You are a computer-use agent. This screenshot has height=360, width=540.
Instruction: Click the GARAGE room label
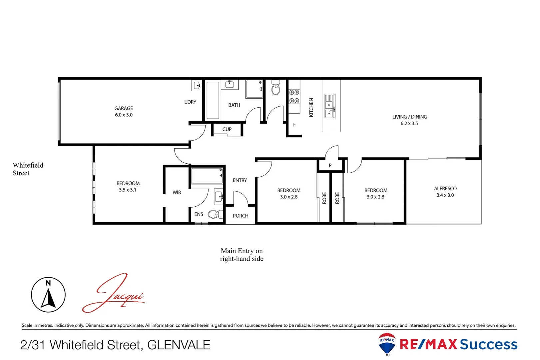point(124,108)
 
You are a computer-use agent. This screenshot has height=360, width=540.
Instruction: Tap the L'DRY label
point(190,102)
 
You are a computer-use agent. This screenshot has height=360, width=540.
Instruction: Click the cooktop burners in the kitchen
point(294,96)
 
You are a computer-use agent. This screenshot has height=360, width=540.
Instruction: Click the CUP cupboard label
point(227,129)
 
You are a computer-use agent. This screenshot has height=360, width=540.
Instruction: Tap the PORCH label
point(241,216)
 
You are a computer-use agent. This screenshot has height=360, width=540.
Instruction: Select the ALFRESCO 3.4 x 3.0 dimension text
point(445,195)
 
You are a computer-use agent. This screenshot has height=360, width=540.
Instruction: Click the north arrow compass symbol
point(48,295)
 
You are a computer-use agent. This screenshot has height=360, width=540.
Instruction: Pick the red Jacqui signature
point(113,293)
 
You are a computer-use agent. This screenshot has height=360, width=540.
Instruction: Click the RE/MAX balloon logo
point(387,344)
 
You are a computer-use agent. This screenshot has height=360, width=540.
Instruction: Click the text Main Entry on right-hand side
point(242,255)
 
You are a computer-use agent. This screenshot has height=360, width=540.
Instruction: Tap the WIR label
point(177,192)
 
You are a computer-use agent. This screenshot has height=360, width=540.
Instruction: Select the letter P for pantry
point(330,165)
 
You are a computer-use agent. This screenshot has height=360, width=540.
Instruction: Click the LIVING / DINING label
point(409,117)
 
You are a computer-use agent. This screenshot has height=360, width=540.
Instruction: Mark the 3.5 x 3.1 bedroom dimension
point(128,190)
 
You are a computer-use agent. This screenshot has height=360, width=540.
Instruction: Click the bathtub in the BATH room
point(213,100)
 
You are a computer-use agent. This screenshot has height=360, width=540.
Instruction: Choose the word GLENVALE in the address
point(179,345)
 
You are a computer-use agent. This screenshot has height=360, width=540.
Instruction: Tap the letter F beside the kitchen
point(294,125)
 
